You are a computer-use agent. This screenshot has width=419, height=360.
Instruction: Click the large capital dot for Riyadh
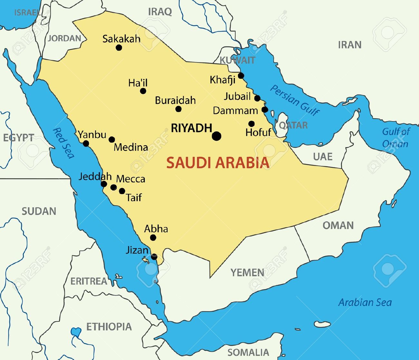(x=217, y=136)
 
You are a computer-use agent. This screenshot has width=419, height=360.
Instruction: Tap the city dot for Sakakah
(x=119, y=48)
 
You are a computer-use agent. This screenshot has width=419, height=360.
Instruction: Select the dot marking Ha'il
(x=143, y=91)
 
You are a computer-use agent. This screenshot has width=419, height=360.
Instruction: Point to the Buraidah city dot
(x=178, y=109)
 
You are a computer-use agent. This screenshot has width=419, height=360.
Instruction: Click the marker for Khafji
(x=241, y=76)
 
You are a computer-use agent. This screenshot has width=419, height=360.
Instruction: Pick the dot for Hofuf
(x=251, y=124)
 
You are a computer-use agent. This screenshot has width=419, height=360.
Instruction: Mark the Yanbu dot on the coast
(x=86, y=144)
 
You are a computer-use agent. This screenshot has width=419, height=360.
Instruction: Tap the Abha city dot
(x=153, y=238)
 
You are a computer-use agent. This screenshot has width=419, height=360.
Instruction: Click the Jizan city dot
(x=154, y=257)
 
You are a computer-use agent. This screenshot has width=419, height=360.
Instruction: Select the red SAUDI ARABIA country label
(x=218, y=163)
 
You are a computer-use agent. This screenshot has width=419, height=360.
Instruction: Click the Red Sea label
(x=63, y=143)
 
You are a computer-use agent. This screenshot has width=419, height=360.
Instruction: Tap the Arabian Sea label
(x=365, y=302)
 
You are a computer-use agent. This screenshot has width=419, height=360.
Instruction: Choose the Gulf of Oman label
(x=395, y=137)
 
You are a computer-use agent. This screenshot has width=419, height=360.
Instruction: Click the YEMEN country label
(x=247, y=273)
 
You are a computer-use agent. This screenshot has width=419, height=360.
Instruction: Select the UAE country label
(x=322, y=156)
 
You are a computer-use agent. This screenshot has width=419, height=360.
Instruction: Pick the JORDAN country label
(x=64, y=38)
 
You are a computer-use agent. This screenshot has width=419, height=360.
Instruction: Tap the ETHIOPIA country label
(x=109, y=327)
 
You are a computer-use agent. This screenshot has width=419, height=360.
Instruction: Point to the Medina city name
(x=131, y=147)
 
